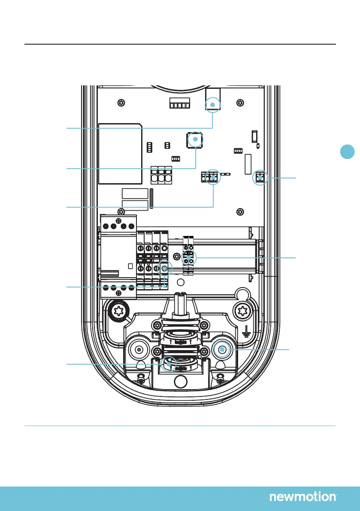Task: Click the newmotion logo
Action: point(303,497)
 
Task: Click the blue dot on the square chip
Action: point(195,139)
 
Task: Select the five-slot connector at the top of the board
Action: point(179,105)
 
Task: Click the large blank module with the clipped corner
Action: point(121,152)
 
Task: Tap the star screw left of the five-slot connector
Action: point(122,103)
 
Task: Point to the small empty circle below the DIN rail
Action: point(181,282)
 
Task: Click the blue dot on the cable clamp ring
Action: point(169,364)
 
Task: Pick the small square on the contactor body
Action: point(130,265)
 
